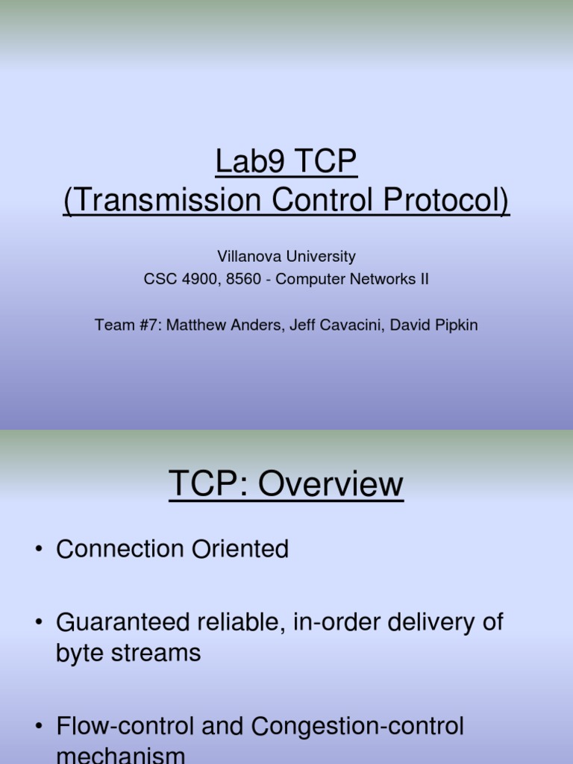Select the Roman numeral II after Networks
point(422,279)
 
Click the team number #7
point(136,325)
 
